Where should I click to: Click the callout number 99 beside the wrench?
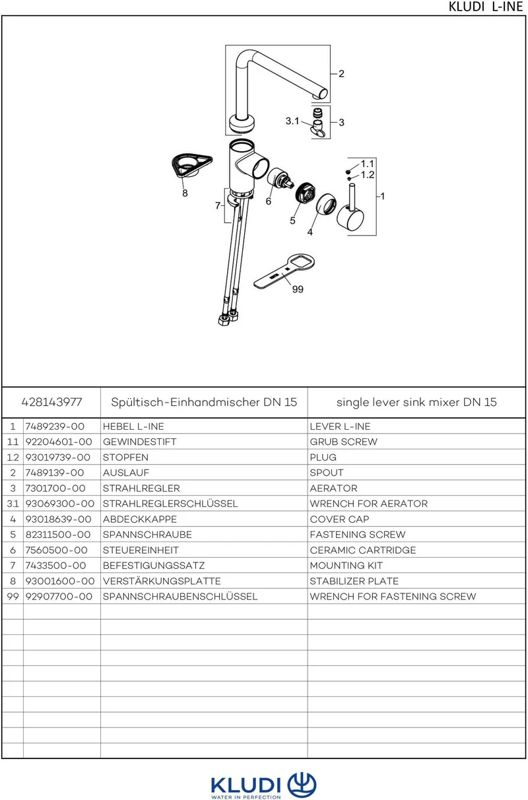[x=298, y=289]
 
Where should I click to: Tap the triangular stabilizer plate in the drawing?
[x=191, y=166]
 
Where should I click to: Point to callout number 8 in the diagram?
[x=185, y=193]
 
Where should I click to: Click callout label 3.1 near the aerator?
[x=292, y=121]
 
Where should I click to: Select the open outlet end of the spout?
[x=323, y=94]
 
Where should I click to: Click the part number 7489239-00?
[x=55, y=426]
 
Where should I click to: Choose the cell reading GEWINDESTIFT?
[x=139, y=442]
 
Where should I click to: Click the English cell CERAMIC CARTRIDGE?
[x=363, y=550]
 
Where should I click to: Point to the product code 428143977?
[x=51, y=402]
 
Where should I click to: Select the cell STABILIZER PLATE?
[x=354, y=581]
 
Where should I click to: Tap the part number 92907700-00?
[x=59, y=597]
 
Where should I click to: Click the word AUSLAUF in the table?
[x=125, y=473]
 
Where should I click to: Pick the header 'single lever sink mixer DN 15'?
[x=416, y=403]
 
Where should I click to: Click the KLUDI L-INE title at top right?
[x=486, y=7]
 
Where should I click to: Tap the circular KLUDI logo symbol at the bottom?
[x=302, y=785]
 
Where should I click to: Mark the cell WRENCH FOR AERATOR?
[x=369, y=504]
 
